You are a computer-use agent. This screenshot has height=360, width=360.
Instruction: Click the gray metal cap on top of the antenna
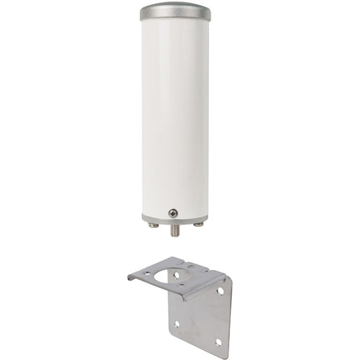click(x=175, y=12)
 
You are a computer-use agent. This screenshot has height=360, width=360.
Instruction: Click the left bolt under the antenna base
click(x=153, y=225)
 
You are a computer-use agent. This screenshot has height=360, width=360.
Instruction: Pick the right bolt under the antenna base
click(x=199, y=225)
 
